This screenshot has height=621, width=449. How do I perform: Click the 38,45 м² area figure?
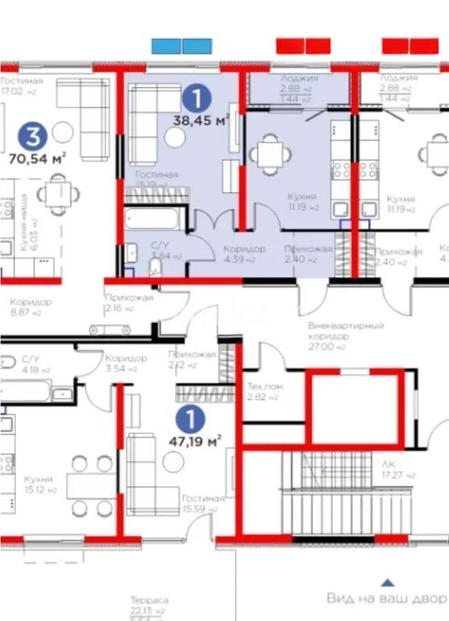click(201, 120)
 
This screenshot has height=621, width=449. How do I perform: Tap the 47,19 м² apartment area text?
click(195, 440)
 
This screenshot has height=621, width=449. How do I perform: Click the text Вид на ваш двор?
click(386, 598)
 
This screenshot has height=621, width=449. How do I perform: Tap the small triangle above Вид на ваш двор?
click(388, 582)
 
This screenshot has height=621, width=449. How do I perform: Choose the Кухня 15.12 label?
click(39, 484)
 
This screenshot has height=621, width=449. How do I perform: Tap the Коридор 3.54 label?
click(125, 363)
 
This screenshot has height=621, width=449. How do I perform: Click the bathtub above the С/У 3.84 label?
click(154, 219)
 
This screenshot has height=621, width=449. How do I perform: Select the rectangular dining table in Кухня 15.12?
click(92, 486)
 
